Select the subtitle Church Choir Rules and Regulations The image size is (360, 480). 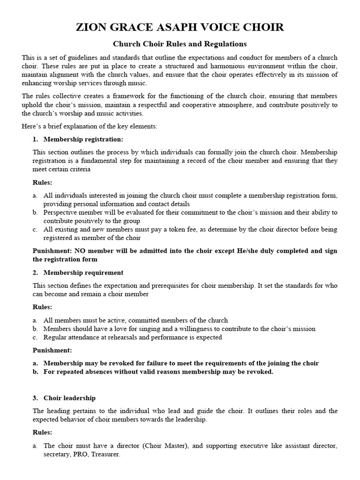coord(180,44)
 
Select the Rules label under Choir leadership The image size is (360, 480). coord(42,432)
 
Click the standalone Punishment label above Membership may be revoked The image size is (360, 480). coord(52,350)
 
